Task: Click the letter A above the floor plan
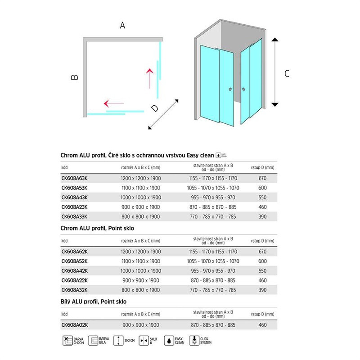pyautogui.click(x=122, y=26)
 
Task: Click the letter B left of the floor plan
pyautogui.click(x=75, y=77)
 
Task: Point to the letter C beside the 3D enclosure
pyautogui.click(x=287, y=74)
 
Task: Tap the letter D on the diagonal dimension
pyautogui.click(x=154, y=108)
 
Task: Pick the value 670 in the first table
pyautogui.click(x=262, y=178)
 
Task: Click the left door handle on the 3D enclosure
pyautogui.click(x=231, y=89)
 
